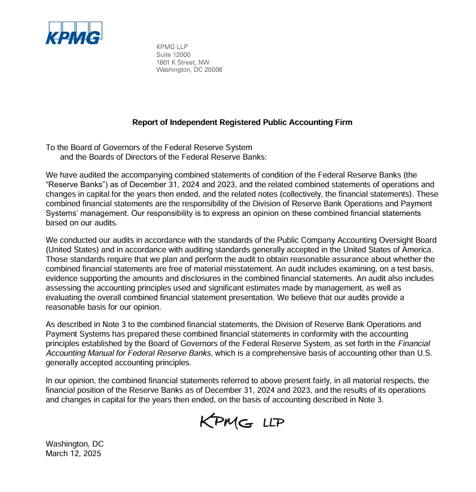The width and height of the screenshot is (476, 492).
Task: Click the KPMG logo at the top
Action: coord(74,33)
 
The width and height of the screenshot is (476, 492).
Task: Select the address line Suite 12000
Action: coord(173,54)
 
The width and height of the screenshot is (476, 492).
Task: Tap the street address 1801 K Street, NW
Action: coord(183,62)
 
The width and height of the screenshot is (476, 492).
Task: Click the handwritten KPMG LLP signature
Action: coord(241,422)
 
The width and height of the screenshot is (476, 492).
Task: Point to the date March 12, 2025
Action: coord(74,454)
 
